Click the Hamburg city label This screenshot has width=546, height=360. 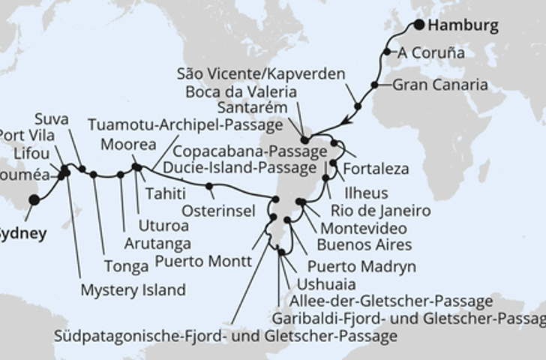click(463, 25)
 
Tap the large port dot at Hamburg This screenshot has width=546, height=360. click(418, 25)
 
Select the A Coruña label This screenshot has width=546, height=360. click(431, 53)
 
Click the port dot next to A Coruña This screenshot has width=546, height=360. click(387, 52)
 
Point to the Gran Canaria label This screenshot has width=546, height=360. click(440, 85)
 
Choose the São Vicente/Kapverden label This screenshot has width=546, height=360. click(261, 74)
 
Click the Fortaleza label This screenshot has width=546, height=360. click(376, 169)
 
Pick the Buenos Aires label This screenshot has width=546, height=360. click(364, 244)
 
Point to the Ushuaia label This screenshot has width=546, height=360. click(327, 284)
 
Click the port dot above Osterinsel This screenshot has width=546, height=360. click(209, 186)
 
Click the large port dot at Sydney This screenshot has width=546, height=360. click(33, 200)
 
